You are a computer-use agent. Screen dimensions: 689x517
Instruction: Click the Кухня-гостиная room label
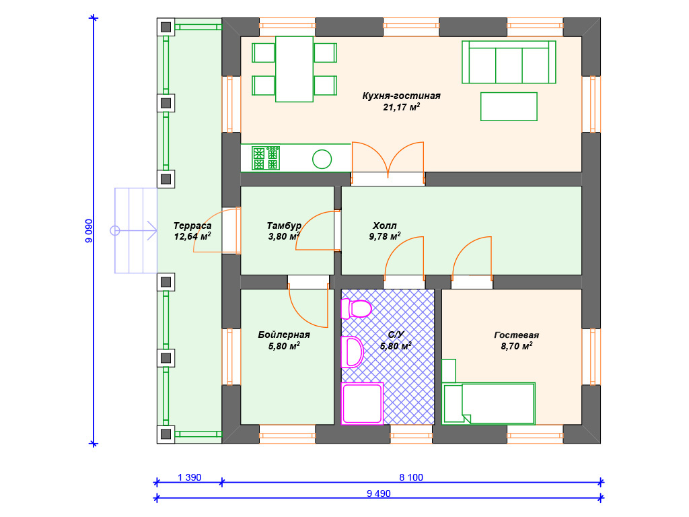[x=401, y=96]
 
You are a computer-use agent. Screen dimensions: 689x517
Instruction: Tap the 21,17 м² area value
[x=401, y=107]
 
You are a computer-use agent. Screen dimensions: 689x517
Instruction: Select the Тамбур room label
[x=284, y=226]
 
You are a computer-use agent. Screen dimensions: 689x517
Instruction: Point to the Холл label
[x=384, y=226]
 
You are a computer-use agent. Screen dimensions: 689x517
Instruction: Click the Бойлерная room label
[x=284, y=335]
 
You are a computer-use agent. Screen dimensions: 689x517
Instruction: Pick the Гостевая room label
[x=516, y=335]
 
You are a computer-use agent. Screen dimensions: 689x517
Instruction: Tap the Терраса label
[x=192, y=226]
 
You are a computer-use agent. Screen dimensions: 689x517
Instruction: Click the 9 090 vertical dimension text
[x=89, y=231]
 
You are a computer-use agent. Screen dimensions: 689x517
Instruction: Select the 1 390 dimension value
[x=189, y=477]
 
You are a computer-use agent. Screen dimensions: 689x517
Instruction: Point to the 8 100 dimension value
[x=411, y=477]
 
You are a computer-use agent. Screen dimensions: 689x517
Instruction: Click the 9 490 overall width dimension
[x=379, y=493]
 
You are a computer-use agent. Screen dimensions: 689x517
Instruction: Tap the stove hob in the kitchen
[x=266, y=158]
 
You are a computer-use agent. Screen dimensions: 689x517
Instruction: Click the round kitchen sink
[x=322, y=159]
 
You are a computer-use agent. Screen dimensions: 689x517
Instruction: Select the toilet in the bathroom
[x=357, y=308]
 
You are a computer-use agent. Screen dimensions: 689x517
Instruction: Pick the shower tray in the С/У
[x=362, y=404]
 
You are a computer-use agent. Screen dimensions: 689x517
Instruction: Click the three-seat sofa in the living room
[x=509, y=62]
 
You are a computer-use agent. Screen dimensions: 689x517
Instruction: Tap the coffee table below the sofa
[x=509, y=106]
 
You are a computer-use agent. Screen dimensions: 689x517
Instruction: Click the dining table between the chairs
[x=295, y=69]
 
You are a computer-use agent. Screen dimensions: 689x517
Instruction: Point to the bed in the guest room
[x=488, y=404]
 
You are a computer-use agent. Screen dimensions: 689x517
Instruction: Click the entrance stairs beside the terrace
[x=136, y=231]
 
